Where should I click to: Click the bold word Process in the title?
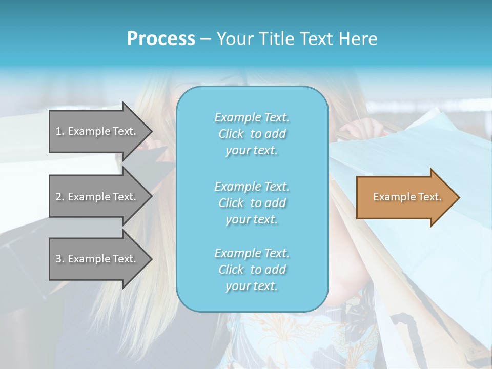tap(161, 39)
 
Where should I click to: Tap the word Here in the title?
tap(357, 39)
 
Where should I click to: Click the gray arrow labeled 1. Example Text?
tap(97, 131)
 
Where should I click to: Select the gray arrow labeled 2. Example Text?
tap(97, 197)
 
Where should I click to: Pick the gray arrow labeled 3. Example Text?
tap(97, 259)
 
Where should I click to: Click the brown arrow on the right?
tap(405, 197)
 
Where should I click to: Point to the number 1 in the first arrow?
tap(58, 131)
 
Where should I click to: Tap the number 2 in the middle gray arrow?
tap(58, 197)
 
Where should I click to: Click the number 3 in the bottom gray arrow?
tap(58, 259)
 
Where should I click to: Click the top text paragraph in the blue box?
tap(252, 134)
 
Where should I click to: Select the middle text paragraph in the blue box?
tap(252, 202)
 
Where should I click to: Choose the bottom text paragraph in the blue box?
tap(252, 270)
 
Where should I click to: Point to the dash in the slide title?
tap(206, 39)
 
